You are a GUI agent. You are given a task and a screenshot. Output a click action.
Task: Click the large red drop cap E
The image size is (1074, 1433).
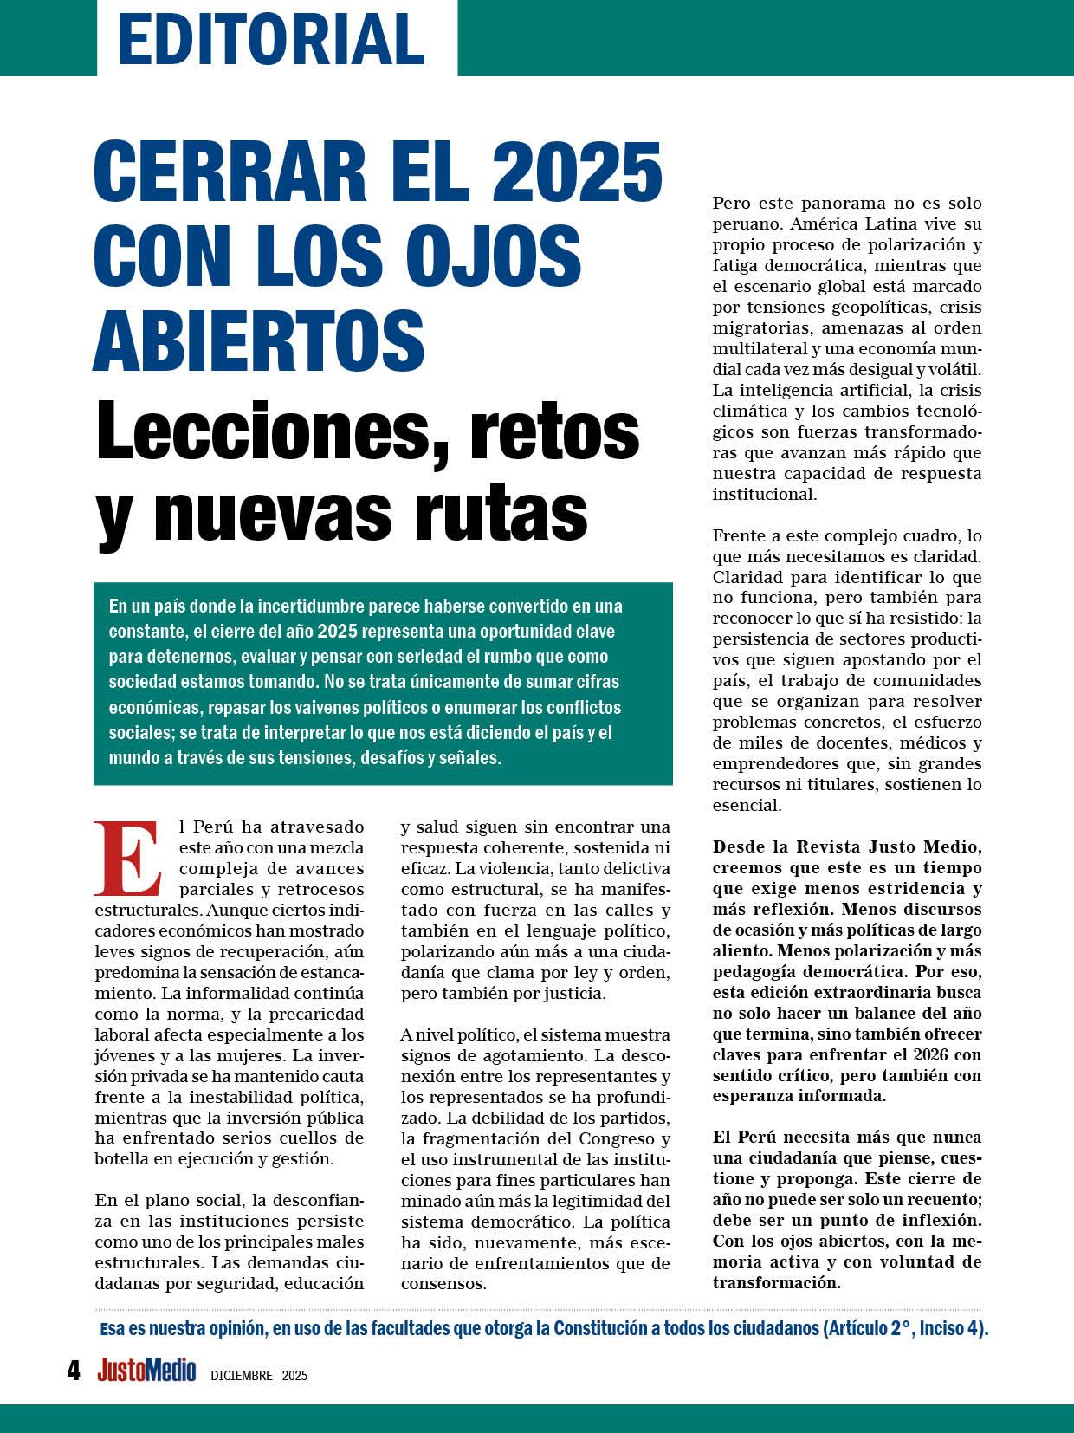[x=128, y=859]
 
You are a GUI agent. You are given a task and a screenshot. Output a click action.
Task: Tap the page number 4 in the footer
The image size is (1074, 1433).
[x=74, y=1371]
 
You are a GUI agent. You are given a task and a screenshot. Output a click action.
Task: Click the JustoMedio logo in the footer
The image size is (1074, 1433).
[x=146, y=1371]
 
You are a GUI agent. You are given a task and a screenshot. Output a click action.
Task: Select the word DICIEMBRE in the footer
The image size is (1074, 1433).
[x=242, y=1375]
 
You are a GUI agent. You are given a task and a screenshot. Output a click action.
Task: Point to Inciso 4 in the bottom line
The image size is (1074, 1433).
[x=951, y=1330]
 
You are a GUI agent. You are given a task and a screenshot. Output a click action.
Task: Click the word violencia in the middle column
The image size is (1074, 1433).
[x=514, y=869]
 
